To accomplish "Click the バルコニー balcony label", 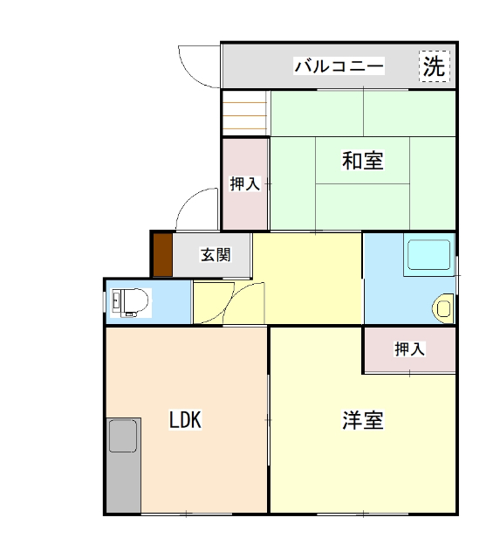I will point(339,66).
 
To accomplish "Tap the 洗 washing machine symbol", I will point(434,66).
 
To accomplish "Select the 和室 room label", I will point(362,161).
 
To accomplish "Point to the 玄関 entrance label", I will point(216,255).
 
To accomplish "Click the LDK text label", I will point(185,420).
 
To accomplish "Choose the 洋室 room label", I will point(362,420).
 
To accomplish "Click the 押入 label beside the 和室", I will point(244,183).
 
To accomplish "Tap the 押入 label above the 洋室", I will point(409,349).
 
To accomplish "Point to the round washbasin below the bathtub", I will point(444,307).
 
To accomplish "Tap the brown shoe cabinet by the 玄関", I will point(161,255).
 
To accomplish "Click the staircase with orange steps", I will point(245,114).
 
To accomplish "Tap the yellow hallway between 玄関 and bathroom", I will point(306,275).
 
